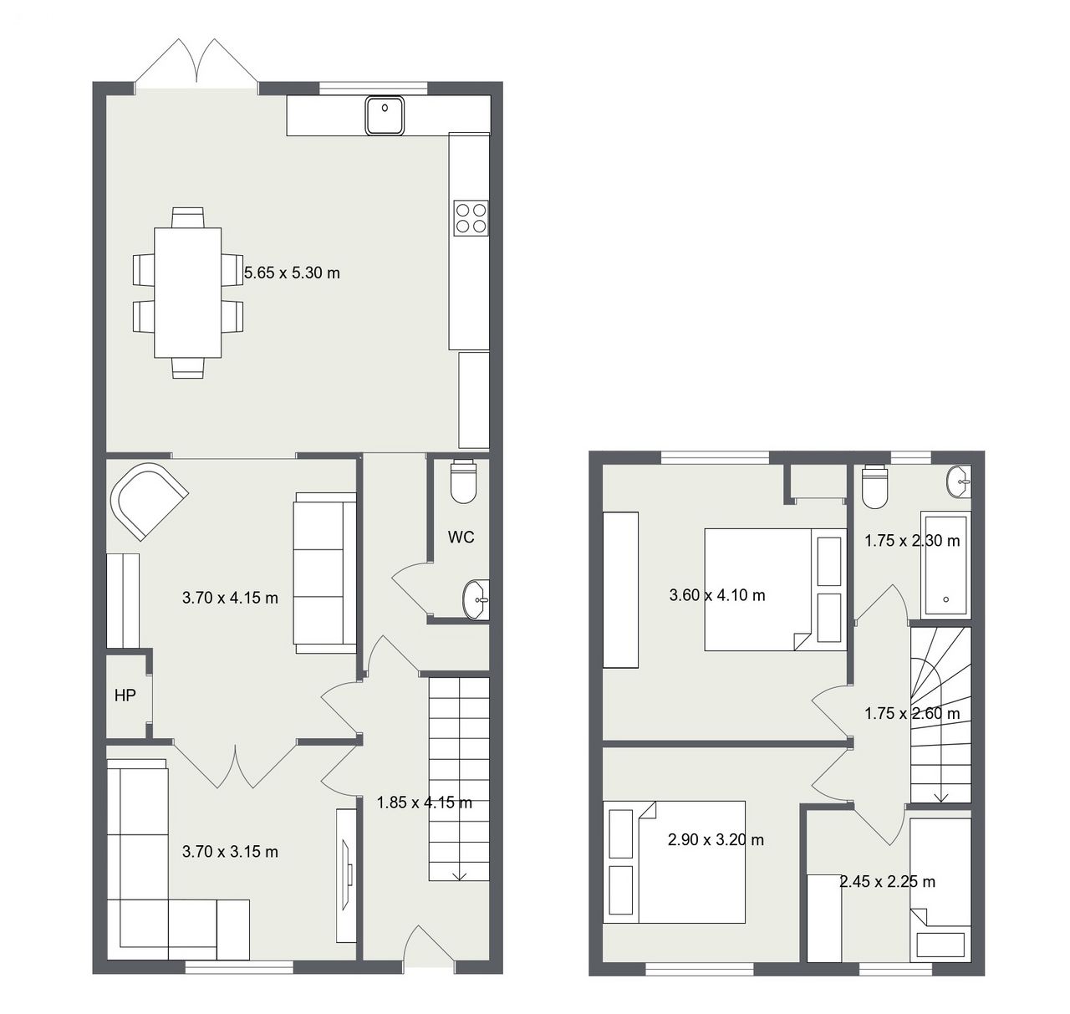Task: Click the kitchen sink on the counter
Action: (385, 115)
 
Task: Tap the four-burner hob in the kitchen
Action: (471, 217)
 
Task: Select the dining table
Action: (188, 293)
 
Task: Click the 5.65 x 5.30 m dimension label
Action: (292, 273)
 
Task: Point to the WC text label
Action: (461, 538)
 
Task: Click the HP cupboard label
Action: (125, 695)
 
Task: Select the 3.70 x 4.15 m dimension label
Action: (230, 599)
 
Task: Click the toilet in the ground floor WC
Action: (464, 482)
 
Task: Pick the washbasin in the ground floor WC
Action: (476, 599)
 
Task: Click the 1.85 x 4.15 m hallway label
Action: (425, 803)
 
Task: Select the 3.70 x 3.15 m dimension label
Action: (230, 851)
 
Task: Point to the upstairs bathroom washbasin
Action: (959, 482)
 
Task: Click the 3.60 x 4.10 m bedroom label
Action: (716, 595)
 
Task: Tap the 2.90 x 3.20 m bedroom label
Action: (716, 839)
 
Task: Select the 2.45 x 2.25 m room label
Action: (887, 881)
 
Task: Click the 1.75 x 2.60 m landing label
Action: (912, 713)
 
